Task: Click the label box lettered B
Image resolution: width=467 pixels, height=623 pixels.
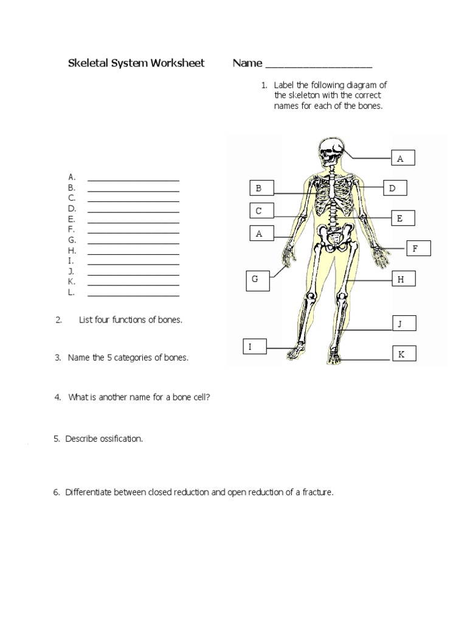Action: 261,189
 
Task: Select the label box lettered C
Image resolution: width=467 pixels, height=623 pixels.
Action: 261,211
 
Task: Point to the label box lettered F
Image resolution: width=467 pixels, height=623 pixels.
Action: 418,248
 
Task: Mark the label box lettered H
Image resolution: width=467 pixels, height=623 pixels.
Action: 403,279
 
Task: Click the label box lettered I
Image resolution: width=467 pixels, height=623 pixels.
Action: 254,347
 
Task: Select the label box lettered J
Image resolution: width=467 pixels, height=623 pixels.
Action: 403,324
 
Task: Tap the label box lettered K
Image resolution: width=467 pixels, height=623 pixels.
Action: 404,354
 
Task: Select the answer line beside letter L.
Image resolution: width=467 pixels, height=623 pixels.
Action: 133,295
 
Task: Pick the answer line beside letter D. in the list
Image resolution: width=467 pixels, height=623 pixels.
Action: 133,211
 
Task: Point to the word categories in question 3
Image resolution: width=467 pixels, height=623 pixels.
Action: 141,358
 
